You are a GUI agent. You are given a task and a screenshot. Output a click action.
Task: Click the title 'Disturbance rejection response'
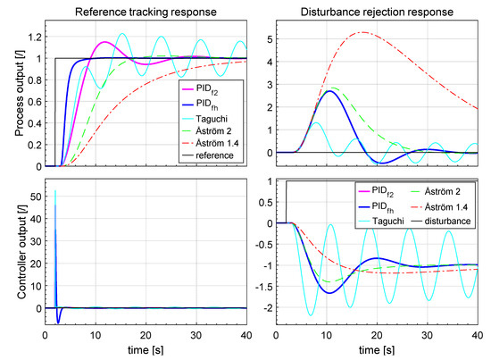(376, 11)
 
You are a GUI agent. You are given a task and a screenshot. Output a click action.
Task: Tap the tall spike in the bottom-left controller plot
(55, 192)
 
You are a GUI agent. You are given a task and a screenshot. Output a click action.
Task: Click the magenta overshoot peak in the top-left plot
(105, 42)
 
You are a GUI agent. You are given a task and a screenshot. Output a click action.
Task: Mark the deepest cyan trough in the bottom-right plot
(311, 315)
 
